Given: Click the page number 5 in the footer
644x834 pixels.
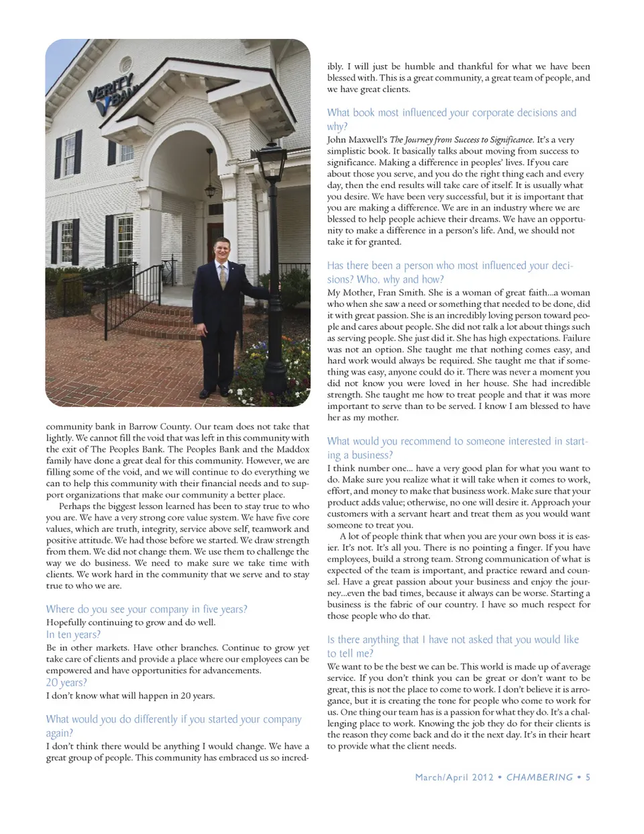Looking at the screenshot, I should [x=588, y=777].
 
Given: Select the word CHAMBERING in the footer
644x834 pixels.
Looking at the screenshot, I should [x=539, y=777].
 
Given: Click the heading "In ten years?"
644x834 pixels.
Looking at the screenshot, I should [x=73, y=635].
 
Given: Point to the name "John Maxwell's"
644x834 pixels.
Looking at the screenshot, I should [x=356, y=140].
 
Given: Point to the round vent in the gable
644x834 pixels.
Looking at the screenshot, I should [x=126, y=64].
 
